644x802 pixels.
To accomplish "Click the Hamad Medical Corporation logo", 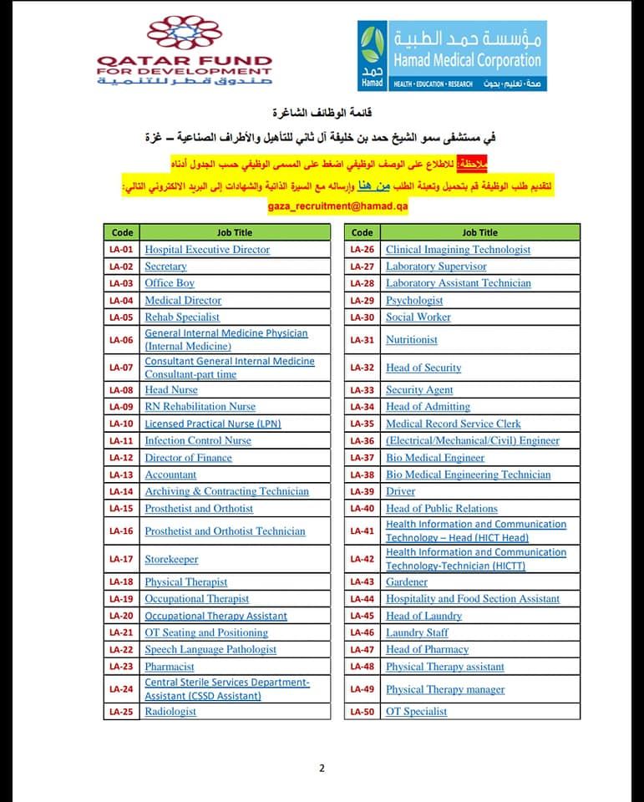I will tap(451, 56).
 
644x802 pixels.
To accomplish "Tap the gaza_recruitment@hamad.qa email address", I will tap(337, 206).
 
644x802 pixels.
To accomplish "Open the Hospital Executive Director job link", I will tap(207, 250).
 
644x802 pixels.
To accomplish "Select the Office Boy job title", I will tap(170, 283).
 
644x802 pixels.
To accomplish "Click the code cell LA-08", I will tap(121, 390).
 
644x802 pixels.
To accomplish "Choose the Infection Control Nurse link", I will tap(198, 441).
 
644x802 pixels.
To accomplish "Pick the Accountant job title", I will tap(170, 475).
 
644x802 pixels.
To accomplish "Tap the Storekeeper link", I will tap(171, 560).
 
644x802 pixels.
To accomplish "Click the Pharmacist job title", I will tap(170, 667).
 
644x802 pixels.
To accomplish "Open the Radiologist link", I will tap(170, 712).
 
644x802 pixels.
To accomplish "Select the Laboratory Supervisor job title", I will tap(436, 266).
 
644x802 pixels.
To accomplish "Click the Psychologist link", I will tap(414, 300).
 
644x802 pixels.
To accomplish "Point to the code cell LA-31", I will tap(363, 340).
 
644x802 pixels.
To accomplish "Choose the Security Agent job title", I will tap(419, 390).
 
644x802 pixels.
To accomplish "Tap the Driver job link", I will tap(400, 491).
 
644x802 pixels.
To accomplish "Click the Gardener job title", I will tap(407, 582).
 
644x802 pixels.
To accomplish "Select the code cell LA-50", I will tap(363, 712).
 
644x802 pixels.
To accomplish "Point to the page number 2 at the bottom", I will tap(322, 769).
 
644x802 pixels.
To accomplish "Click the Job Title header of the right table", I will tap(479, 232).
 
